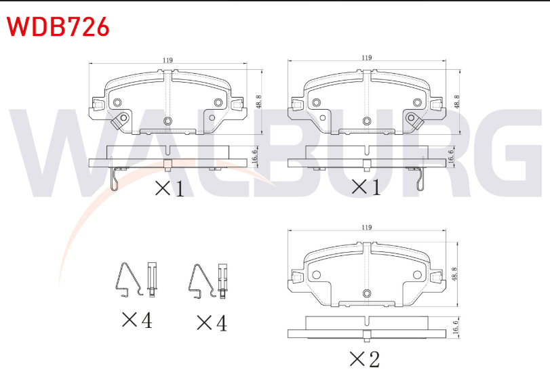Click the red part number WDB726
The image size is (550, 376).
pos(58,26)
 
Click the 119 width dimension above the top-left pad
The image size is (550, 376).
pos(168,60)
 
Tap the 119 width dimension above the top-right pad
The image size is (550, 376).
pos(366,58)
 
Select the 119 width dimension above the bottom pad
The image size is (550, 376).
pos(366,228)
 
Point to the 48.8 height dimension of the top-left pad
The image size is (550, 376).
pos(259,102)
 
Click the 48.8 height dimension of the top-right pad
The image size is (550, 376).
pos(456,102)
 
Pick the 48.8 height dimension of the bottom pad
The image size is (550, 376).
pos(454,274)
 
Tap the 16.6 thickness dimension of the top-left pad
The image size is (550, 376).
pos(255,156)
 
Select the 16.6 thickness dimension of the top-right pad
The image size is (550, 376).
pos(451,156)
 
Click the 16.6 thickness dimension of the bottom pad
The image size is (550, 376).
pos(455,327)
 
